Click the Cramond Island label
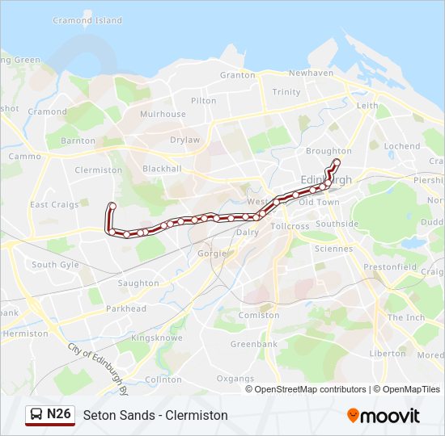click(x=87, y=20)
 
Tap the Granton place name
click(x=237, y=75)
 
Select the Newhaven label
click(x=311, y=73)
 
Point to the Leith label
click(x=367, y=106)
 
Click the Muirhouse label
click(x=163, y=115)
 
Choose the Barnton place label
click(x=78, y=140)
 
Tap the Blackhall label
click(x=162, y=169)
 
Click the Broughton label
click(x=328, y=151)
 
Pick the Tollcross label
click(x=290, y=227)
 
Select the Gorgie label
click(x=212, y=254)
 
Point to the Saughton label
click(x=138, y=283)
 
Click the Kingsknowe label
click(x=153, y=337)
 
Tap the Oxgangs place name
click(x=235, y=378)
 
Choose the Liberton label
click(x=388, y=354)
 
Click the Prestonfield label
click(x=390, y=267)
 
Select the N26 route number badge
click(x=59, y=414)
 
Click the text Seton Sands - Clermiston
click(x=155, y=415)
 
